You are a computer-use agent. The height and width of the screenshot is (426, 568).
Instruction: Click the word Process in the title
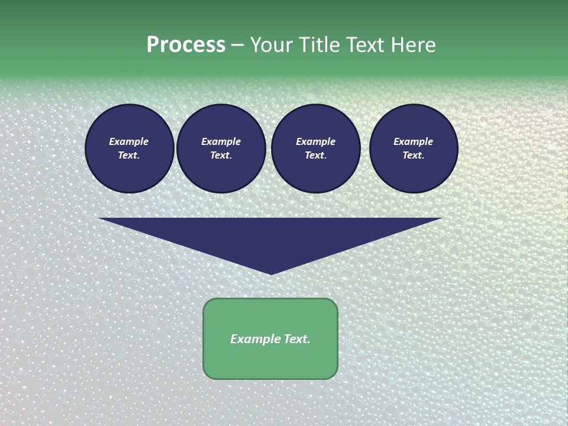coord(186,45)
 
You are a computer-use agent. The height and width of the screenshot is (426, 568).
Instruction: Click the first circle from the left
coord(130,149)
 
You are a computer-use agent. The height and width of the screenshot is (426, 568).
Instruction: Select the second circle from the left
coord(221,149)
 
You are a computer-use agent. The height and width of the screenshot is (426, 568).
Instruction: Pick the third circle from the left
coord(316,149)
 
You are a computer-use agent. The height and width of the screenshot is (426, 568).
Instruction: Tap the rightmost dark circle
coord(414,149)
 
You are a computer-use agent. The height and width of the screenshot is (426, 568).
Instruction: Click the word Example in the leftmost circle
coord(129,141)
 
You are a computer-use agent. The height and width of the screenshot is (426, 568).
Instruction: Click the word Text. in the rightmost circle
coord(414,156)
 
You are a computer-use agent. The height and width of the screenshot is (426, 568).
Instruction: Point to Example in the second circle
coord(221,141)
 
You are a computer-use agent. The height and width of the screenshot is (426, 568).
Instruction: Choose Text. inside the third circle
coord(316,156)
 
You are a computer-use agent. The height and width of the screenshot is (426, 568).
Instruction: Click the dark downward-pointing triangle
coord(271,237)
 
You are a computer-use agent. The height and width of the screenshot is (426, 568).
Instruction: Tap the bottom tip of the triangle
coord(271,273)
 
